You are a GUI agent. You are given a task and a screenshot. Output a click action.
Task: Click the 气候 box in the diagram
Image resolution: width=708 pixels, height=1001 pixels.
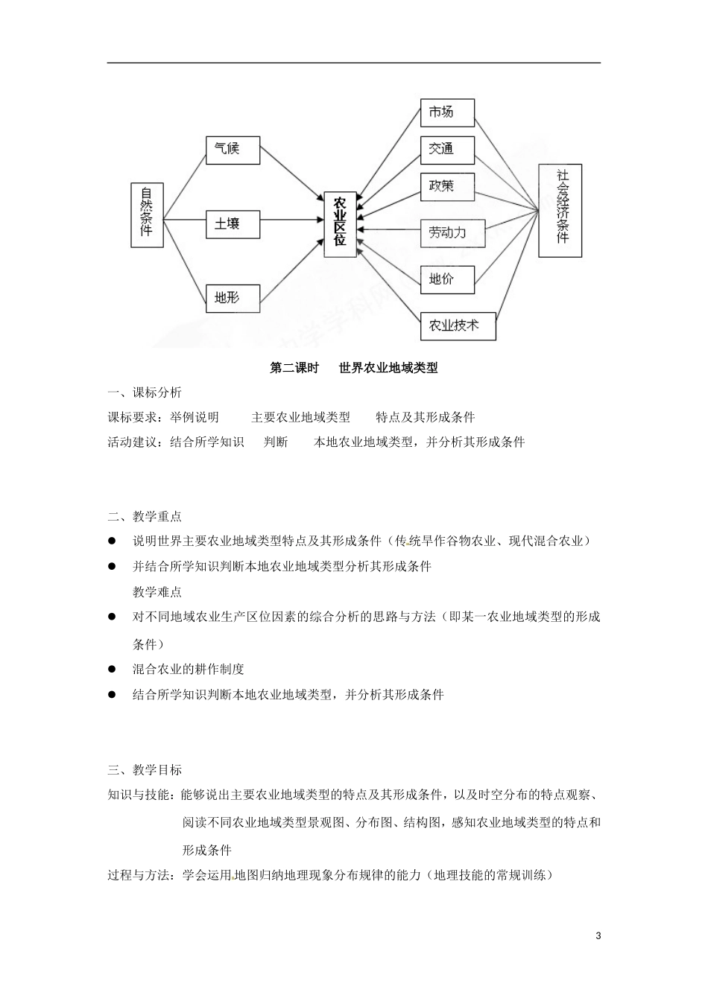pyautogui.click(x=233, y=150)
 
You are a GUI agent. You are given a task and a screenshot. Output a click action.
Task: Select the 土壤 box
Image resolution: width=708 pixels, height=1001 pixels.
pyautogui.click(x=233, y=223)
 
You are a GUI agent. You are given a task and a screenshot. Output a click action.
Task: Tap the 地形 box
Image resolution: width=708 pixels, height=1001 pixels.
pyautogui.click(x=233, y=298)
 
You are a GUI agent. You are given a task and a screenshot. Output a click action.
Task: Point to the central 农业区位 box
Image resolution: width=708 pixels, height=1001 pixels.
pyautogui.click(x=340, y=224)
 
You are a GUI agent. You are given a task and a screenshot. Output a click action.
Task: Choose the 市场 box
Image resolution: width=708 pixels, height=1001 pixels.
pyautogui.click(x=447, y=112)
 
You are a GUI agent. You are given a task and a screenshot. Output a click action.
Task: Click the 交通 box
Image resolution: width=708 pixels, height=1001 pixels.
pyautogui.click(x=447, y=149)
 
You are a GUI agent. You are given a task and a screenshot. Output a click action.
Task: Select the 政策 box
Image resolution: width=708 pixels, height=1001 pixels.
pyautogui.click(x=447, y=186)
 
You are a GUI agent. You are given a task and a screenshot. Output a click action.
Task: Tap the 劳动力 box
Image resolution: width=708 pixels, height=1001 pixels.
pyautogui.click(x=452, y=233)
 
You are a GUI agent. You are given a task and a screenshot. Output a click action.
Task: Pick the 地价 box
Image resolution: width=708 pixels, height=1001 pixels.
pyautogui.click(x=447, y=280)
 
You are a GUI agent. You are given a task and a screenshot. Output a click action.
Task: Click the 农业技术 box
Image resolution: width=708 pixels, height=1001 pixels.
pyautogui.click(x=458, y=325)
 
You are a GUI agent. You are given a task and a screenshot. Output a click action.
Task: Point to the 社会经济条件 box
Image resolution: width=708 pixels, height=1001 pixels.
pyautogui.click(x=560, y=210)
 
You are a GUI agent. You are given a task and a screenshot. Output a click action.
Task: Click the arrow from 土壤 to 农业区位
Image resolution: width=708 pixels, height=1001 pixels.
pyautogui.click(x=291, y=220)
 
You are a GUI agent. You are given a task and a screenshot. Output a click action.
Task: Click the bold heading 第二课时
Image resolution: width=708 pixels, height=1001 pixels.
pyautogui.click(x=293, y=368)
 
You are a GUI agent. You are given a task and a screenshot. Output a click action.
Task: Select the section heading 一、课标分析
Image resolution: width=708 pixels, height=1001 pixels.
pyautogui.click(x=145, y=393)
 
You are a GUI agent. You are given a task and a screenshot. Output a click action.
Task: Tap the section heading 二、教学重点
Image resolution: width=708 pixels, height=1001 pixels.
pyautogui.click(x=145, y=516)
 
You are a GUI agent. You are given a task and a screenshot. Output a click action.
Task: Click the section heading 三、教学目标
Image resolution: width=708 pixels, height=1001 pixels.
pyautogui.click(x=145, y=769)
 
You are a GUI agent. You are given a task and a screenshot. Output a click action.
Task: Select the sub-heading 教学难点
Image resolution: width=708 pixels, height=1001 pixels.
pyautogui.click(x=157, y=592)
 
